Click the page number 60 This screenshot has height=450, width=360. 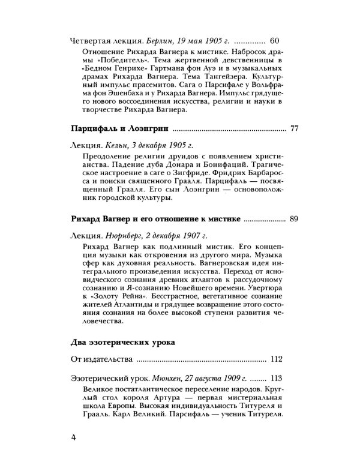[276, 41]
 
